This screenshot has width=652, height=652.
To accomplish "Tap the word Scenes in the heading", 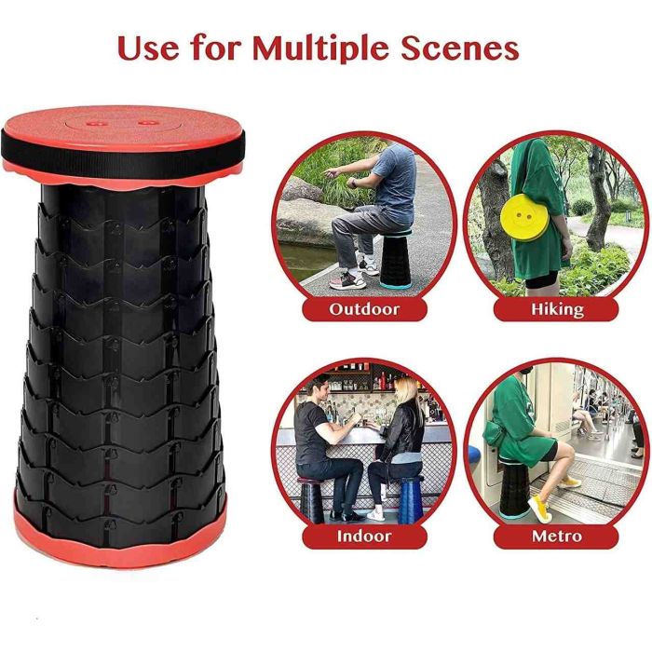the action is point(460,48).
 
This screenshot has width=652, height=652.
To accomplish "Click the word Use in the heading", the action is point(148,48).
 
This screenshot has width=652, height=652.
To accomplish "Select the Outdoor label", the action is point(364,309).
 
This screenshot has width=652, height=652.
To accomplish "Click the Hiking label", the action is point(556,310).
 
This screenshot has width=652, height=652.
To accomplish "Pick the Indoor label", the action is point(364,536).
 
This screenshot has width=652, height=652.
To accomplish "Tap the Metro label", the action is point(556,536).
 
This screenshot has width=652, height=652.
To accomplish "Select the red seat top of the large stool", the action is point(123,125).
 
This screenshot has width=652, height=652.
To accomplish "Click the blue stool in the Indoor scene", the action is point(410,500).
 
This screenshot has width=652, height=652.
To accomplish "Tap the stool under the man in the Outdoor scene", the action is point(395,260).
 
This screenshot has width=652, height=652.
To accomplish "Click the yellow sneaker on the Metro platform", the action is point(539,509).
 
